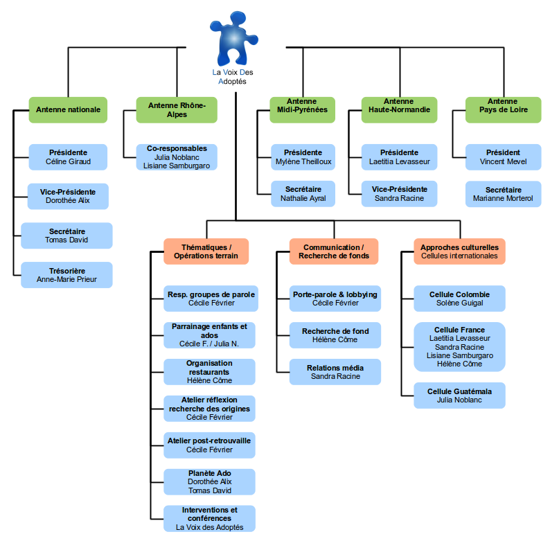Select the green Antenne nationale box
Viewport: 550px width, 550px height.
[x=68, y=109]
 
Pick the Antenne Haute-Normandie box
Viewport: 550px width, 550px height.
[x=399, y=109]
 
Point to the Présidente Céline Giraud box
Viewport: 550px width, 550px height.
[x=68, y=157]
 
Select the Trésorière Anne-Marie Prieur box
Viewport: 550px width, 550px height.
[x=66, y=275]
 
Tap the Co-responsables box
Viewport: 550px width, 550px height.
[x=177, y=157]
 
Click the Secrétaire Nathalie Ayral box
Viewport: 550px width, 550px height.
[x=302, y=193]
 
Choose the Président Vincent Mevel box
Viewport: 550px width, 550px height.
[x=503, y=157]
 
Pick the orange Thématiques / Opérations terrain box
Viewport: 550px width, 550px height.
[x=206, y=251]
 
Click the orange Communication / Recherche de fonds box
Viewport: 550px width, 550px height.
[x=333, y=251]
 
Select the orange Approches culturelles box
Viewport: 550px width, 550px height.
[x=459, y=251]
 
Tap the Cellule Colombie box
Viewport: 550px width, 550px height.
[x=459, y=299]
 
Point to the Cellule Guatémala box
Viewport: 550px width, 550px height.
[x=459, y=396]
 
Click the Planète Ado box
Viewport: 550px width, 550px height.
[x=209, y=481]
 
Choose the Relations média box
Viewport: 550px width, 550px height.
[x=335, y=372]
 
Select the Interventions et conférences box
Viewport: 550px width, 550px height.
[x=209, y=518]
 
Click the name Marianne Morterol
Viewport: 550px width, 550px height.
[x=503, y=198]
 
